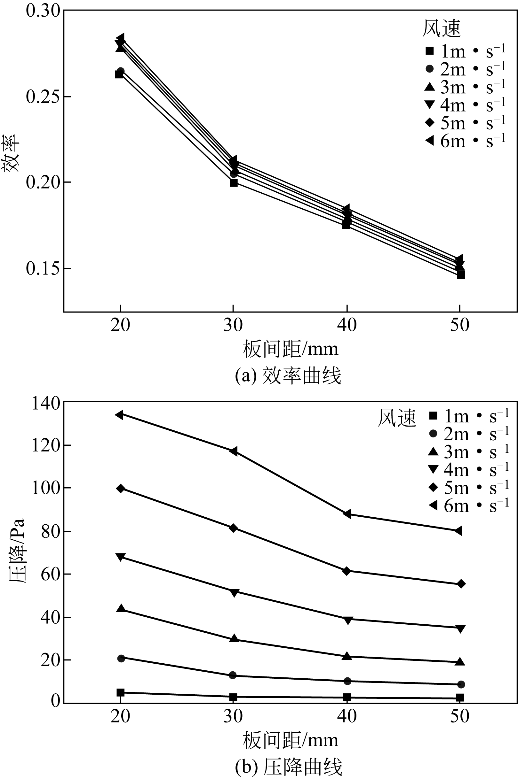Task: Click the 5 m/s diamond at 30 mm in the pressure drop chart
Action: click(x=233, y=528)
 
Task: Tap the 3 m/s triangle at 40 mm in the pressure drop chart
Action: click(x=347, y=656)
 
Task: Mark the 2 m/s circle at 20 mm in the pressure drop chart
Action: click(x=121, y=658)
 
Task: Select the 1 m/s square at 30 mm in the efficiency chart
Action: click(x=234, y=183)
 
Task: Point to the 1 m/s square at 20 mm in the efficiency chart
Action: click(x=119, y=74)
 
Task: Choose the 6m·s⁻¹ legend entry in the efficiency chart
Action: click(x=466, y=141)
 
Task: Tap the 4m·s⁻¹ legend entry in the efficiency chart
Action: click(x=466, y=105)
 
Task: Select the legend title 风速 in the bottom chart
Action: click(x=396, y=418)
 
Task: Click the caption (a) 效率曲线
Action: click(x=288, y=376)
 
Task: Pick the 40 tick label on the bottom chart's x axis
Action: click(x=347, y=717)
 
